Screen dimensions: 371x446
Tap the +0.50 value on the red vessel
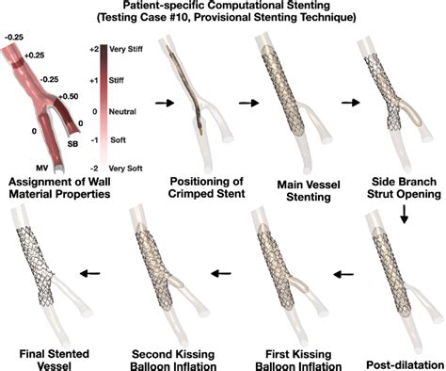point(68,96)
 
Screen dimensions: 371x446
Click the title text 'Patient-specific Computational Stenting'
point(223,7)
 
